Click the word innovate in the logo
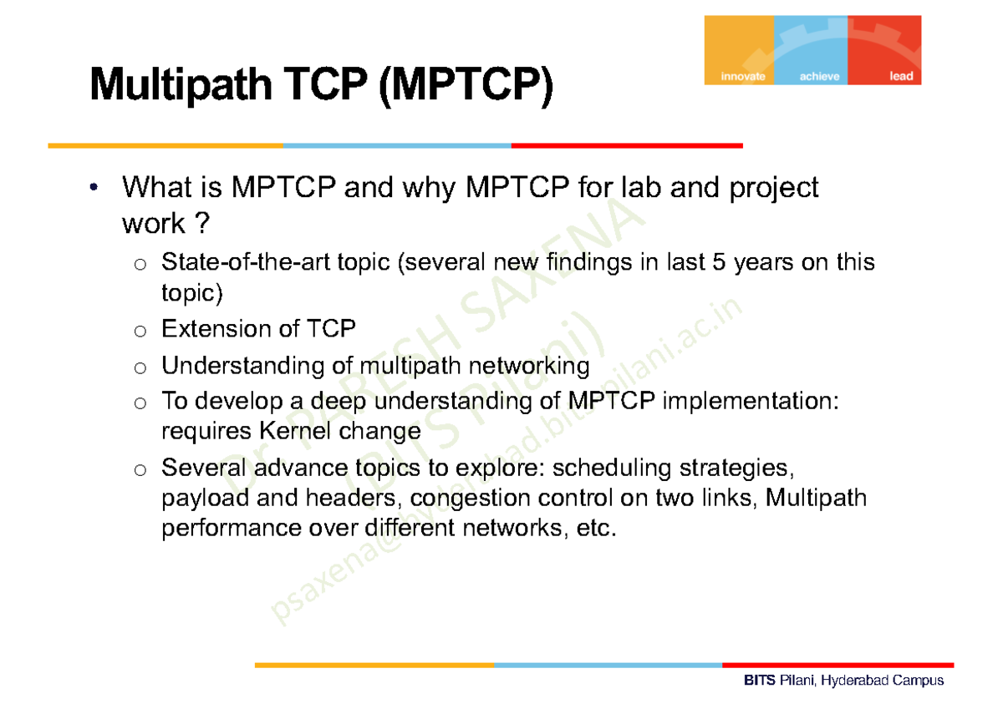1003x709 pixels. click(743, 77)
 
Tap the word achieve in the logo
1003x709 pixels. click(819, 77)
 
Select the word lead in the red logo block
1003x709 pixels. click(901, 76)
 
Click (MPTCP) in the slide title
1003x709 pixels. click(466, 85)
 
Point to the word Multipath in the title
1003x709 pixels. click(181, 85)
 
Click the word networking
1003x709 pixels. click(529, 367)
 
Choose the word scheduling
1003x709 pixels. click(612, 468)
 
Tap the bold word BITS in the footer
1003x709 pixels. click(760, 680)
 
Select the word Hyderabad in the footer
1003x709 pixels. click(853, 681)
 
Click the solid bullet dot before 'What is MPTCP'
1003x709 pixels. click(94, 187)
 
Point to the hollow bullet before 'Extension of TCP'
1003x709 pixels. click(140, 332)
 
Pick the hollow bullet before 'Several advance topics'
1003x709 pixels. click(140, 470)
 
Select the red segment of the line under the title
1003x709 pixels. click(627, 146)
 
